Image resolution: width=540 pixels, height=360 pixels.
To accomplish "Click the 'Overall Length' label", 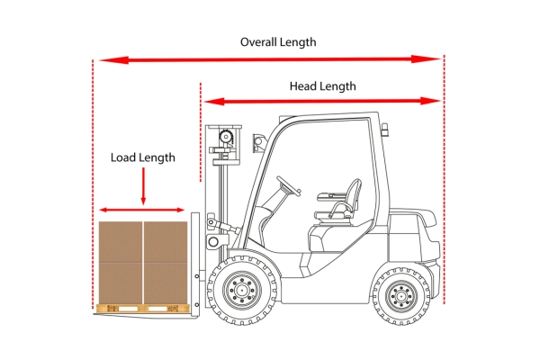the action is (x=278, y=42).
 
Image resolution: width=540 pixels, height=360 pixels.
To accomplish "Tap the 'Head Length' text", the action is (x=323, y=86).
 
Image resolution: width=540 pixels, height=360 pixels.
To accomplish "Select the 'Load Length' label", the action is (x=143, y=157).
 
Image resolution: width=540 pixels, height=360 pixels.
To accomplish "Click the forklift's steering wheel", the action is (x=289, y=185).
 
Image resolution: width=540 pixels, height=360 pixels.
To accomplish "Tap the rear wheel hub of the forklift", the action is (x=401, y=295).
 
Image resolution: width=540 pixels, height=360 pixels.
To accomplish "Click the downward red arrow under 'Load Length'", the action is (x=143, y=186).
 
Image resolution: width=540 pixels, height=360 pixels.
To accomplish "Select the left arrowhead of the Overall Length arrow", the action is (x=113, y=60).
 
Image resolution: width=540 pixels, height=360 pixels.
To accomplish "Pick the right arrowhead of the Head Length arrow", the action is (x=431, y=101).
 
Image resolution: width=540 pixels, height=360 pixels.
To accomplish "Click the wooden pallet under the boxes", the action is (x=143, y=309).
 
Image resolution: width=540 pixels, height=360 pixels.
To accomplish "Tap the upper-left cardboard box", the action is (x=121, y=242).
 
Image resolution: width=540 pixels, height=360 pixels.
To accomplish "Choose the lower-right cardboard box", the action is (x=166, y=283).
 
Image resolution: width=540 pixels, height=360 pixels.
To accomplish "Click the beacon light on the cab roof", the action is (x=385, y=130).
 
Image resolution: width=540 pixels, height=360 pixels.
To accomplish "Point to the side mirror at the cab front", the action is (x=258, y=143).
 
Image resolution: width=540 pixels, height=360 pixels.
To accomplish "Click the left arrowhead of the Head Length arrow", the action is (x=214, y=102).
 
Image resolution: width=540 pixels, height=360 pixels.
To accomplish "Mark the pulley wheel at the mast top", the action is (x=226, y=137).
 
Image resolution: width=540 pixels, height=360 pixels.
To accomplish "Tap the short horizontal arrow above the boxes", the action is (x=142, y=210).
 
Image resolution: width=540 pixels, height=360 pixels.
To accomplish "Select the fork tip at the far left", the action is (x=95, y=314).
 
